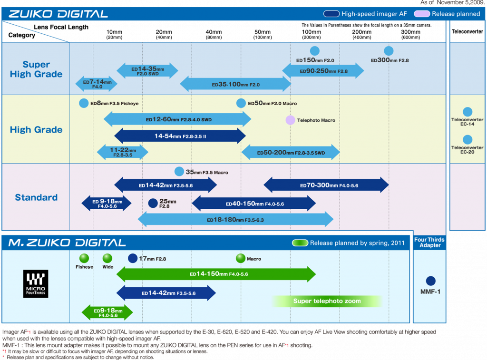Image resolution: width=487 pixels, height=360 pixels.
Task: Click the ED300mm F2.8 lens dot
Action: [x=389, y=51]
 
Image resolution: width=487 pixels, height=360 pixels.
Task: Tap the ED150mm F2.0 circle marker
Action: [x=314, y=51]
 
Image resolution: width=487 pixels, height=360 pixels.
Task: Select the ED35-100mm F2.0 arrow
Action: [x=235, y=84]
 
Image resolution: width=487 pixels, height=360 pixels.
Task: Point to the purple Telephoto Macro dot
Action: [x=290, y=120]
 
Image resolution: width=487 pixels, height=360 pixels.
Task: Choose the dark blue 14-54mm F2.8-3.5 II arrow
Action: [x=180, y=136]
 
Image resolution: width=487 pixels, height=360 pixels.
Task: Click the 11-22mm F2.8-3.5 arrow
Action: [x=122, y=152]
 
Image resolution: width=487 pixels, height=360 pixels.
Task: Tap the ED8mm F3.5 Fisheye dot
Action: [x=84, y=103]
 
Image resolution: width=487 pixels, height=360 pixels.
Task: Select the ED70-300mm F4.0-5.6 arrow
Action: [x=326, y=185]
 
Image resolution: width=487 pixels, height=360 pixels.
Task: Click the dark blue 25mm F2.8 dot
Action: [x=153, y=203]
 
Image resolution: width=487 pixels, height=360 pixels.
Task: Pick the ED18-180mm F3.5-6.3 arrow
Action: [x=235, y=220]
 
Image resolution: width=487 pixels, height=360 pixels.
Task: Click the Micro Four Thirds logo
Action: [x=36, y=284]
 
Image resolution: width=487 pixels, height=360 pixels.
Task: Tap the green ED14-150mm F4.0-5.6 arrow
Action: [x=216, y=274]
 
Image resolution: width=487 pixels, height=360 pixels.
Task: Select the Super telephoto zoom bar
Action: [x=327, y=301]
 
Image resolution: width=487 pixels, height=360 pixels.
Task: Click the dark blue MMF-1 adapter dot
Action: [x=431, y=281]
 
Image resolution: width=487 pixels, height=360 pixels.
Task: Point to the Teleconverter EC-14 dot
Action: [x=468, y=112]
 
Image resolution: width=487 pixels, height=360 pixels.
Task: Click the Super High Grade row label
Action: [x=36, y=69]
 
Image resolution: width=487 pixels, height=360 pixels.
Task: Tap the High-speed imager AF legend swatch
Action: [x=331, y=14]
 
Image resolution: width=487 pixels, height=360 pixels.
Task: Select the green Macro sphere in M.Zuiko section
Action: [x=241, y=258]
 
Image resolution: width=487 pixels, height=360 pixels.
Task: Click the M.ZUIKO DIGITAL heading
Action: [x=67, y=243]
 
